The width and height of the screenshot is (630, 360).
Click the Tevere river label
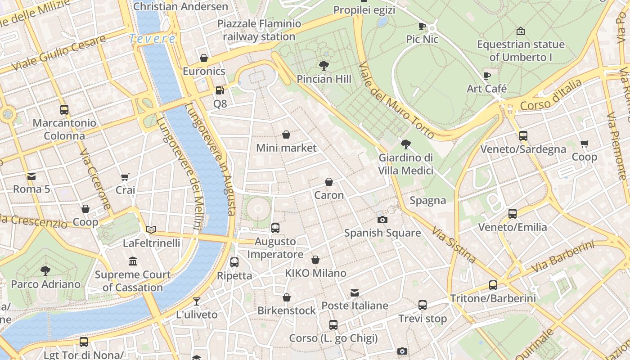[x=152, y=39]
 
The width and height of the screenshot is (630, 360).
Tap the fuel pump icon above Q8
[x=220, y=90]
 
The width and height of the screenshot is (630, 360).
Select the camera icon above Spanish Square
[x=382, y=220]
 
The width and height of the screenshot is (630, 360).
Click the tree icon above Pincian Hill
[x=324, y=66]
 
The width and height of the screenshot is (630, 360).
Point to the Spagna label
[x=427, y=201]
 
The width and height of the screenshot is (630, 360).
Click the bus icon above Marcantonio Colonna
[x=64, y=110]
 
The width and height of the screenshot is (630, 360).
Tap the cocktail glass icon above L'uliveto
[x=197, y=301]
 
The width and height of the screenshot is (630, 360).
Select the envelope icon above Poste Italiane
[x=355, y=293]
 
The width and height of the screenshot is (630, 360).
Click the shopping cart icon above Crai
[x=125, y=177]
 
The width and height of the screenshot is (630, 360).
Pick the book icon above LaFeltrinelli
[x=151, y=230]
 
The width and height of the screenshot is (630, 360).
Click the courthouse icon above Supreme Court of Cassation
[x=133, y=261]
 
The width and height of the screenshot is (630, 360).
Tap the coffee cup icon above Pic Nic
[x=422, y=26]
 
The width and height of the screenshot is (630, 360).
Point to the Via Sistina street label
[x=454, y=245]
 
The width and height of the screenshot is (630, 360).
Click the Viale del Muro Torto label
[x=396, y=100]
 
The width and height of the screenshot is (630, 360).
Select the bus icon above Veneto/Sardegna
[x=523, y=136]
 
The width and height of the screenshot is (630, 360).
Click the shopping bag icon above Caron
[x=329, y=182]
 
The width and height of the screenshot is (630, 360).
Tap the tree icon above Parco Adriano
[x=45, y=271]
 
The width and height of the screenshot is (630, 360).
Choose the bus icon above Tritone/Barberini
[x=493, y=285]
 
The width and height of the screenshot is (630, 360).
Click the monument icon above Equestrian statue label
[x=521, y=31]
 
